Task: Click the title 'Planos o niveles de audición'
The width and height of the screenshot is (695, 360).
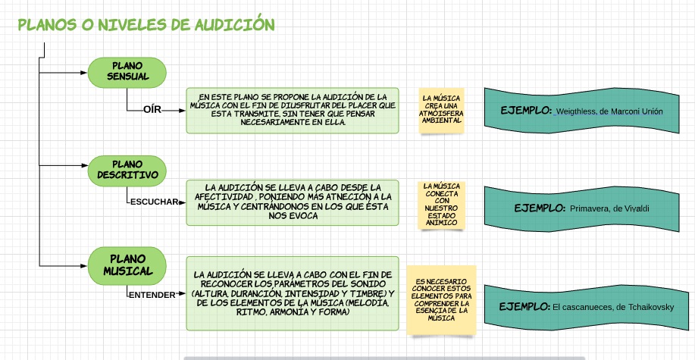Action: pyautogui.click(x=146, y=24)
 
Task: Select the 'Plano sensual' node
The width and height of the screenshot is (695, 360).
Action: pyautogui.click(x=128, y=73)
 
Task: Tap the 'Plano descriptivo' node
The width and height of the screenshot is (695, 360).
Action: pyautogui.click(x=127, y=170)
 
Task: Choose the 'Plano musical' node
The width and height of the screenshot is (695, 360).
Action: pyautogui.click(x=127, y=263)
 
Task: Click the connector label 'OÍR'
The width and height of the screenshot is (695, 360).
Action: pyautogui.click(x=152, y=110)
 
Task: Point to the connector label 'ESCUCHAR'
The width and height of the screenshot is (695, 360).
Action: pyautogui.click(x=154, y=202)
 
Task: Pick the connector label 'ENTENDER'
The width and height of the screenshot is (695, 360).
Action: pyautogui.click(x=152, y=294)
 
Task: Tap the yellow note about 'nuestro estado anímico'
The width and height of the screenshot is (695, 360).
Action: pyautogui.click(x=440, y=204)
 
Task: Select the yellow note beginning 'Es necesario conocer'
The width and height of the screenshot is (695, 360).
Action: pyautogui.click(x=441, y=300)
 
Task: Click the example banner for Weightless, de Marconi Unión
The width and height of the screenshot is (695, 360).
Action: pyautogui.click(x=582, y=111)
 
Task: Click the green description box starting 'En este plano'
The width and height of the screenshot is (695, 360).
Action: pyautogui.click(x=293, y=110)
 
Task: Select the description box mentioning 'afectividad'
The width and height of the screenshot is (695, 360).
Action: pyautogui.click(x=293, y=202)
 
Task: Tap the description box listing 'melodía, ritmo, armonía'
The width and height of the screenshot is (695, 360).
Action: pyautogui.click(x=293, y=293)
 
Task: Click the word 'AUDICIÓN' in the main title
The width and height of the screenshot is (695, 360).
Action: pyautogui.click(x=232, y=24)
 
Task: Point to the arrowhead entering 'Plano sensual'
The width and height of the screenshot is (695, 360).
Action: pyautogui.click(x=84, y=73)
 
